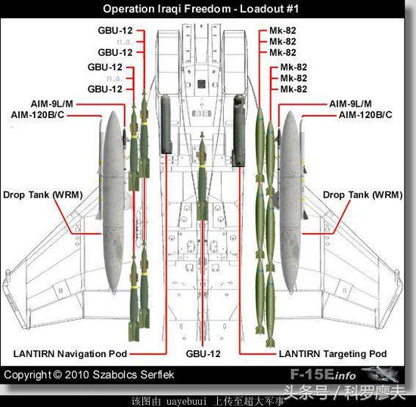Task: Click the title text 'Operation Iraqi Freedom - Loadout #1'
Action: pyautogui.click(x=201, y=9)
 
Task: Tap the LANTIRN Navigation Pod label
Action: pyautogui.click(x=70, y=354)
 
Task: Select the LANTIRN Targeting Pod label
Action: pyautogui.click(x=333, y=354)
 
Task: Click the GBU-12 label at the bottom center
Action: pyautogui.click(x=203, y=354)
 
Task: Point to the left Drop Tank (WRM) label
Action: pyautogui.click(x=42, y=194)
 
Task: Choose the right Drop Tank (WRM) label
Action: pyautogui.click(x=362, y=194)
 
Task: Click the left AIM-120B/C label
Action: pyautogui.click(x=37, y=115)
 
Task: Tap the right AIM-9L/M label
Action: pyautogui.click(x=350, y=104)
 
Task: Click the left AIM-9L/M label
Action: pyautogui.click(x=51, y=104)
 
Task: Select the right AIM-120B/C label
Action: pyautogui.click(x=365, y=115)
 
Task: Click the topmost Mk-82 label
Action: pyautogui.click(x=283, y=30)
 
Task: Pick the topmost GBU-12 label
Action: pyautogui.click(x=115, y=30)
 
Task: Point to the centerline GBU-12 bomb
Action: pyautogui.click(x=202, y=176)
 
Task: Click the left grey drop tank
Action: pyautogui.click(x=113, y=202)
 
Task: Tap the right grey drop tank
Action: pyautogui.click(x=290, y=202)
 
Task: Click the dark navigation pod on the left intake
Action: pyautogui.click(x=166, y=124)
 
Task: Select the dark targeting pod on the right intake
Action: pyautogui.click(x=239, y=131)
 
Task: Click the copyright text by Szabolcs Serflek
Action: pyautogui.click(x=89, y=374)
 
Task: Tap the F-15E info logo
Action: pyautogui.click(x=344, y=374)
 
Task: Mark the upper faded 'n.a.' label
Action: pyautogui.click(x=125, y=42)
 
